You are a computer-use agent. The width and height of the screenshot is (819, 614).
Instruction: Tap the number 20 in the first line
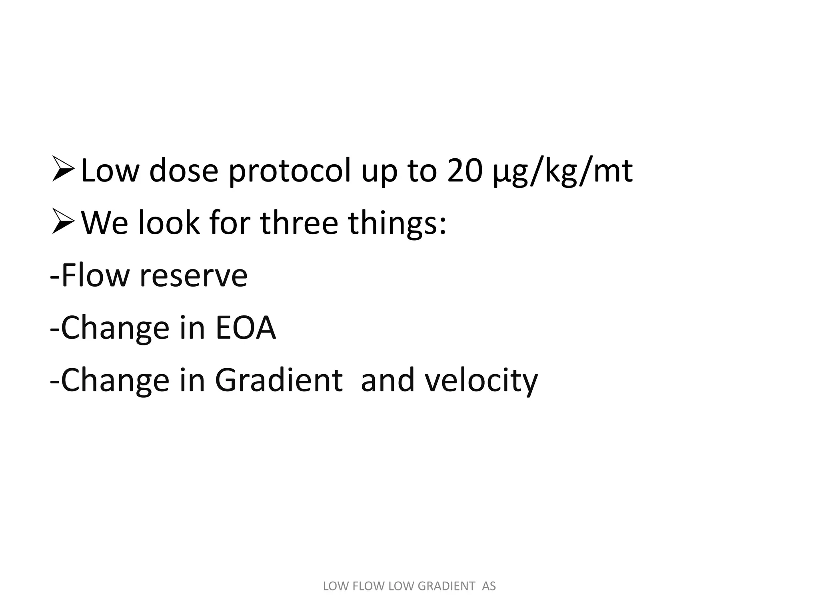(x=464, y=171)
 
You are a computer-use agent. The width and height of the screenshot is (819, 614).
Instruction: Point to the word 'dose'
(x=184, y=171)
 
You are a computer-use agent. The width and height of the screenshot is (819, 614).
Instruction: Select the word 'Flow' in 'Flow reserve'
(x=95, y=275)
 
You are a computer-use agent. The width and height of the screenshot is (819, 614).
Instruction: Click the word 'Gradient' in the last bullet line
(x=279, y=380)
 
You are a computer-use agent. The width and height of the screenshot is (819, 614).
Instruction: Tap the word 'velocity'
(x=481, y=381)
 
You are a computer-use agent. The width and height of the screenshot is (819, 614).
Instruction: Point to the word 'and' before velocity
(x=387, y=380)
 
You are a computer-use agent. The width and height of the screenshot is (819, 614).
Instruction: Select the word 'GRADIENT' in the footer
(x=446, y=586)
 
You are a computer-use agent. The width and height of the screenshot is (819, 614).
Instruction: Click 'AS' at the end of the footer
(x=489, y=586)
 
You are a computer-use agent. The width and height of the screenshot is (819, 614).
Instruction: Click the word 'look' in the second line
(x=168, y=223)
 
